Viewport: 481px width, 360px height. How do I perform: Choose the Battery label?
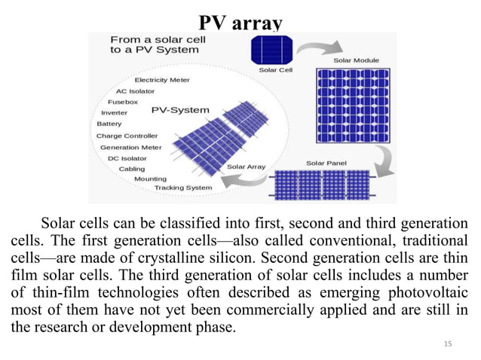pos(109,124)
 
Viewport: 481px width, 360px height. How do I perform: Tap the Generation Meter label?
pos(131,147)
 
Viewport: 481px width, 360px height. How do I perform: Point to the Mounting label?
pos(151,178)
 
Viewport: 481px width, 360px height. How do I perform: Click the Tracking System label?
pos(183,188)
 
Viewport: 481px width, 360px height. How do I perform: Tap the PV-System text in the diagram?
pos(181,110)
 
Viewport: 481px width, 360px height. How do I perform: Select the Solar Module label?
pos(356,59)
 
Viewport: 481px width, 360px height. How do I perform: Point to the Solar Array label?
pos(245,166)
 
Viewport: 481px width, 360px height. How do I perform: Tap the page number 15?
pos(449,344)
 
